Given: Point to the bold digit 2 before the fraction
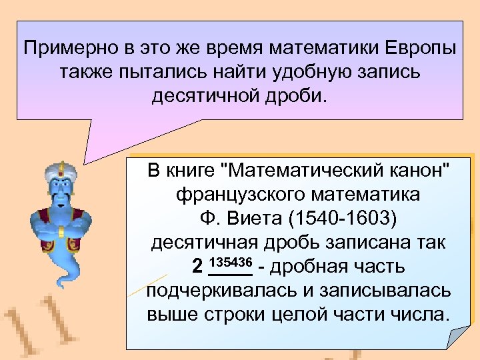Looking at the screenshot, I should pyautogui.click(x=197, y=267).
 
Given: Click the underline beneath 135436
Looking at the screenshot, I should pyautogui.click(x=230, y=274).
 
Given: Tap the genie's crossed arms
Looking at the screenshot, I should pyautogui.click(x=59, y=231).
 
